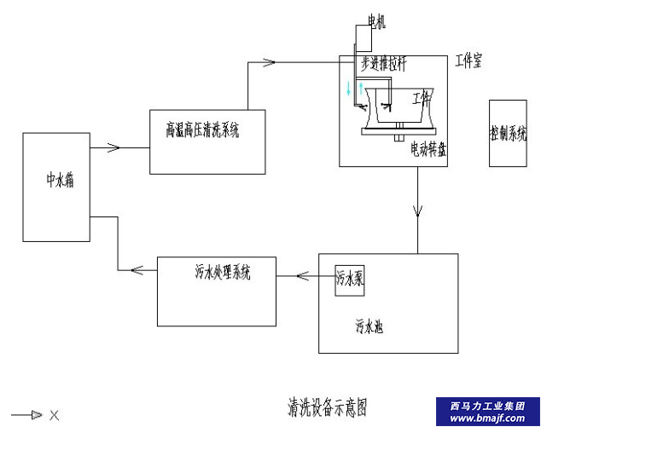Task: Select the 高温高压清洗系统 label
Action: click(202, 130)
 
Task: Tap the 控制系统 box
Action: click(509, 133)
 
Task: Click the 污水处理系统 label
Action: click(223, 273)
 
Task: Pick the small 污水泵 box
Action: click(350, 279)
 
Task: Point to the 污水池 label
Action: click(369, 325)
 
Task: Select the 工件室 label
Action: click(468, 61)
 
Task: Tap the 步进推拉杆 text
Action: click(383, 64)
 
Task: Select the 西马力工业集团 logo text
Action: click(488, 407)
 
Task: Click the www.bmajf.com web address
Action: click(488, 418)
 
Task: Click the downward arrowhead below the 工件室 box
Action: click(418, 211)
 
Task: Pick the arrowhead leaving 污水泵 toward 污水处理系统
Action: click(300, 275)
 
